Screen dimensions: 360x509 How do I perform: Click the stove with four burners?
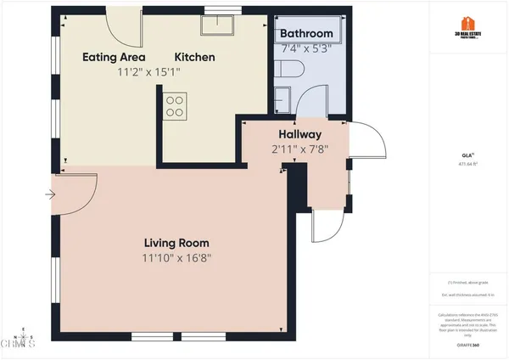[175, 105]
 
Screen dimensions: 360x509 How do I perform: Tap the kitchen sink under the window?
[215, 25]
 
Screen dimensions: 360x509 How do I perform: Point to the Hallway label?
[299, 134]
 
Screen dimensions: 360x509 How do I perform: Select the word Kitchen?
[195, 58]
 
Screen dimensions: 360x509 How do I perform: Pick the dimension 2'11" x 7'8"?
[299, 149]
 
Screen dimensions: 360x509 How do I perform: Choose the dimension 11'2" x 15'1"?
[148, 74]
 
